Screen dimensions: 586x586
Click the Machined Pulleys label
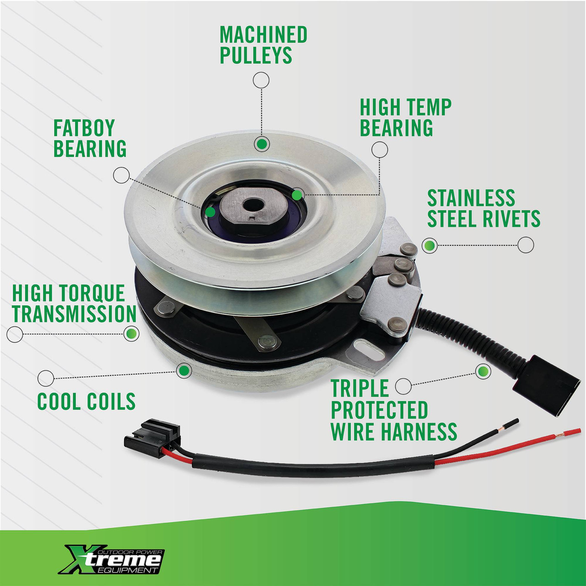pos(263,45)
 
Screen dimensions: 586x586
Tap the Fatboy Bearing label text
pos(90,138)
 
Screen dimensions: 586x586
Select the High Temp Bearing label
pos(406,117)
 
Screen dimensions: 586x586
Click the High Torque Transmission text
pos(74,304)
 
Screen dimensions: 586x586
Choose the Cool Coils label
pos(87,401)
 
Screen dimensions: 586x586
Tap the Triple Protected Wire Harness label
pos(394,410)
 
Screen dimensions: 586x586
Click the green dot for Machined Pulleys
pos(261,144)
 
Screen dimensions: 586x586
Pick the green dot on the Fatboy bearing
pos(210,212)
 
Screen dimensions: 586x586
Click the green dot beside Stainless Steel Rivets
pos(429,245)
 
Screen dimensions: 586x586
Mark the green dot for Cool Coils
pos(184,370)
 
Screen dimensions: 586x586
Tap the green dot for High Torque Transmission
pos(131,334)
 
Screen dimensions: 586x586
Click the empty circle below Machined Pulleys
pos(261,80)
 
